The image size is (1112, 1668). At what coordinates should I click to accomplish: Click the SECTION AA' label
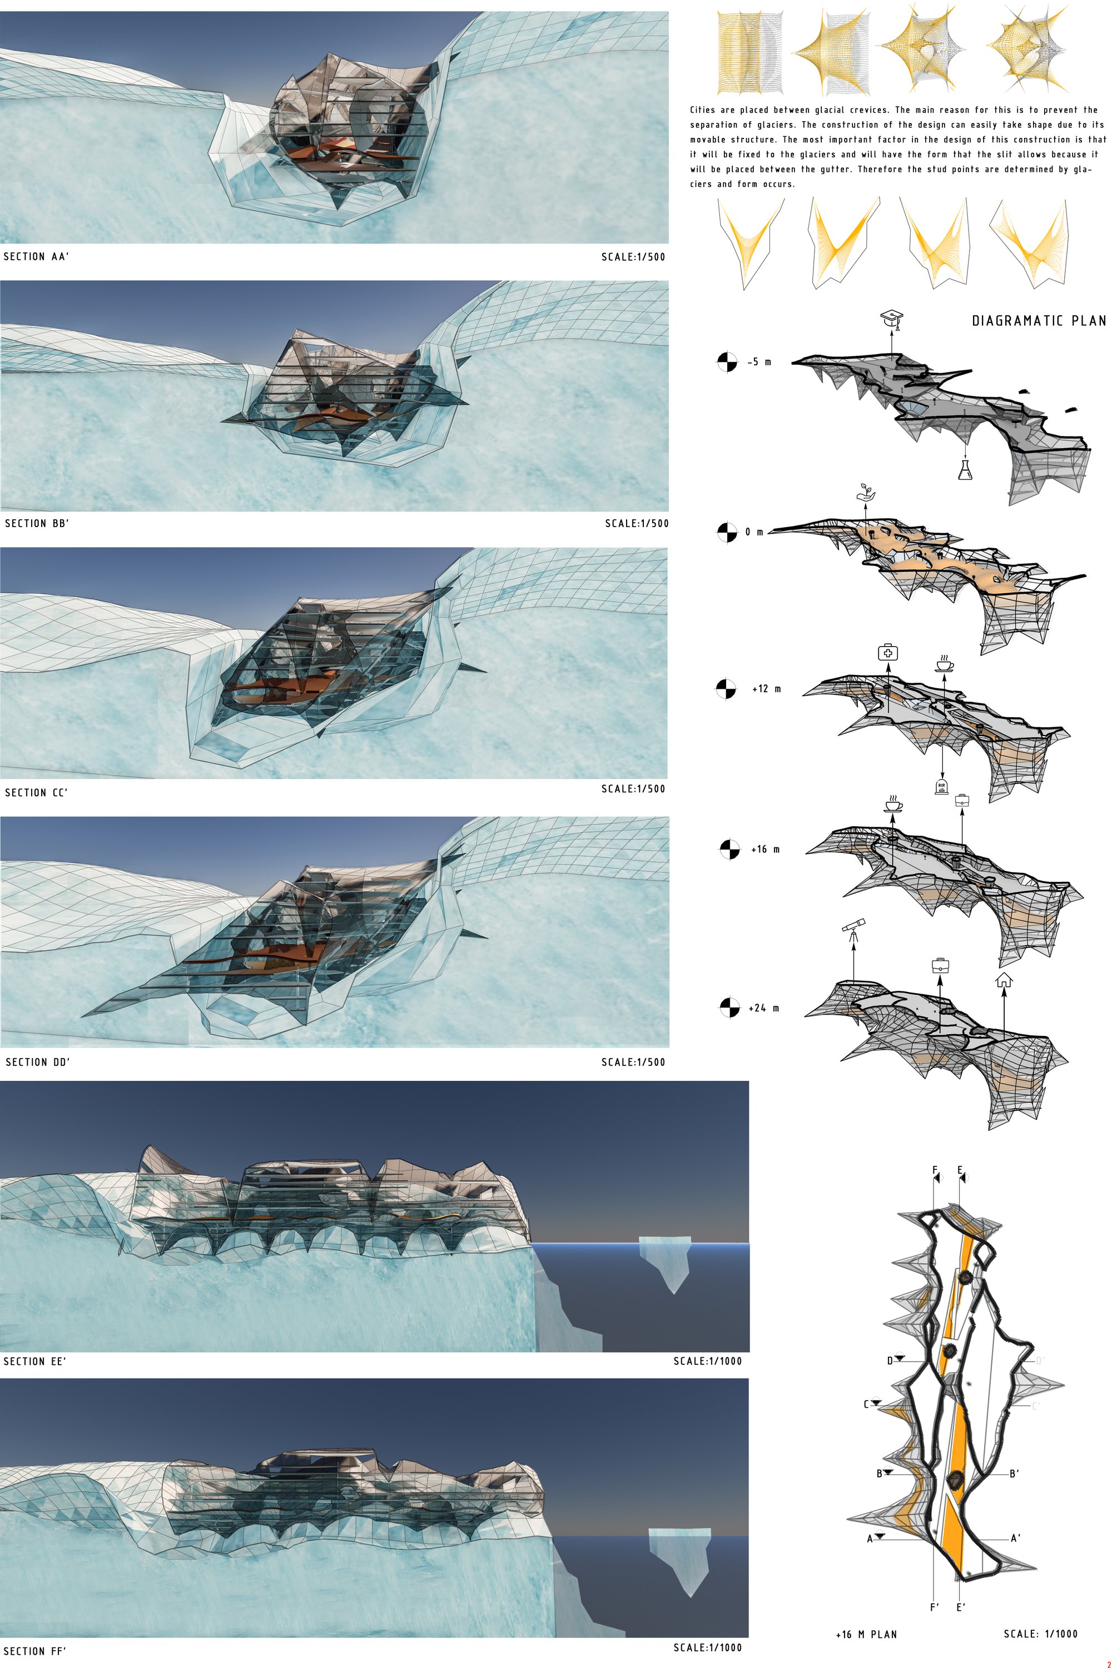tap(36, 257)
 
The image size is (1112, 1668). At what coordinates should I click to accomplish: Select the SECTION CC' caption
tap(36, 792)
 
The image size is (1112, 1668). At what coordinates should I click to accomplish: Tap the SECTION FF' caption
tap(34, 1651)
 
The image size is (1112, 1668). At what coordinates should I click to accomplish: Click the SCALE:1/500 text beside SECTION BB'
tap(636, 523)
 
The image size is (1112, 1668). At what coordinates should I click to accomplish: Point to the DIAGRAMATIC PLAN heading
tap(1038, 321)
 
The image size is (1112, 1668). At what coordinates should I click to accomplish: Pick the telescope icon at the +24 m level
tap(852, 930)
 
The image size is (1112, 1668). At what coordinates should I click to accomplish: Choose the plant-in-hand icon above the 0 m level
tap(865, 492)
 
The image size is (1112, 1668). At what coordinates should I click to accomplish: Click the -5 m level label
tap(759, 362)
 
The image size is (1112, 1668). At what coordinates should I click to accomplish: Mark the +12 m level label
tap(767, 689)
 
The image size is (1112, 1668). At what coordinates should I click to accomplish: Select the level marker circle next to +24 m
tap(729, 1007)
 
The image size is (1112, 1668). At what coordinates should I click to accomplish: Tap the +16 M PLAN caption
tap(866, 1634)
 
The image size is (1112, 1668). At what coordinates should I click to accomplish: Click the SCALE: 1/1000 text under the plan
tap(1040, 1634)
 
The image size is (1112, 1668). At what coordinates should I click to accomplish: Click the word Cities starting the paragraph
tap(704, 110)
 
